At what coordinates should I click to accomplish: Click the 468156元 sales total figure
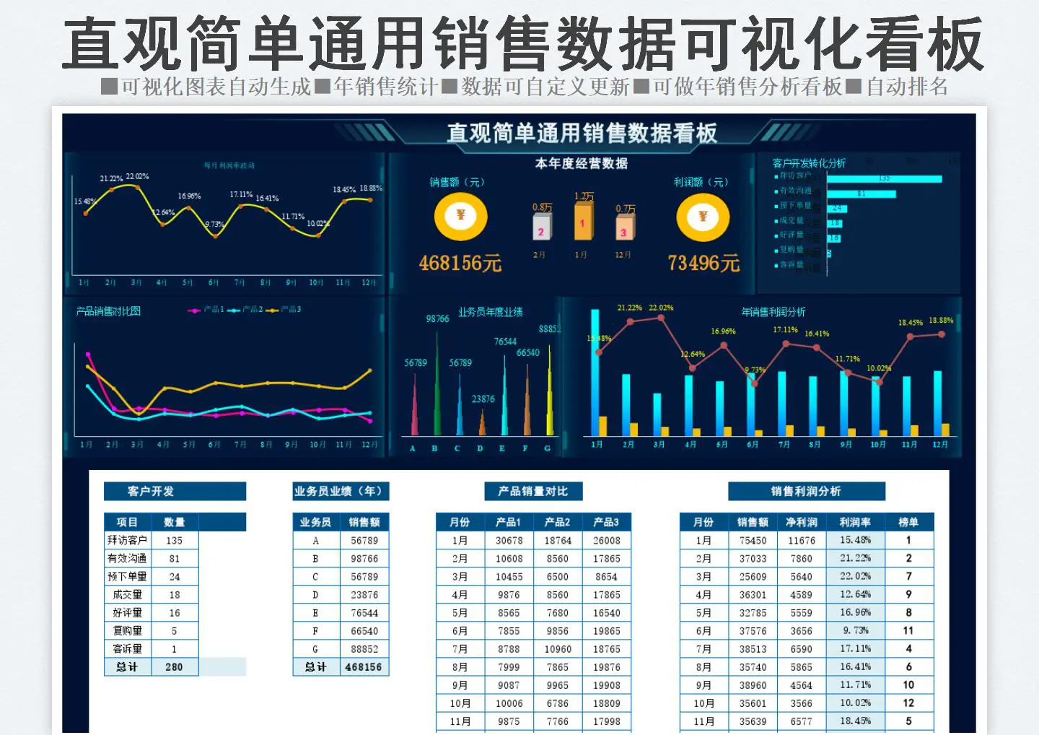tap(460, 263)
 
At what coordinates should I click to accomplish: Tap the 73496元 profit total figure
tap(703, 263)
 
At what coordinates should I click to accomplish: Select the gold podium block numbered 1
tap(582, 220)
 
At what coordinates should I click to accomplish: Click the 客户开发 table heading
tap(151, 491)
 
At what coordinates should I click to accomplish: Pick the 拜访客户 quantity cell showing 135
tap(174, 540)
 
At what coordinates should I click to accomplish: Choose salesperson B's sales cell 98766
tap(364, 558)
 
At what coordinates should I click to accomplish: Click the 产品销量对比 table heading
tap(532, 491)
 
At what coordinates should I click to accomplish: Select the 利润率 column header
tap(855, 522)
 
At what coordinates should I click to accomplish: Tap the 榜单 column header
tap(908, 522)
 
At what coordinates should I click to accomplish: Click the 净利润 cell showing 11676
tap(802, 540)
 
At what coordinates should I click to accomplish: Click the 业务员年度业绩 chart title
tap(491, 312)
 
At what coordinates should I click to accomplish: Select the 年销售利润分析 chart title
tap(773, 312)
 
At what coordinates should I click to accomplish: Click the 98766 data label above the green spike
tap(437, 318)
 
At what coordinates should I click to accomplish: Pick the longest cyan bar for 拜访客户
tap(884, 178)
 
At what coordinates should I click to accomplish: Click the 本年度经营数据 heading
tap(581, 163)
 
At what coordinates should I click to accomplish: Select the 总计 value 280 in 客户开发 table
tap(174, 667)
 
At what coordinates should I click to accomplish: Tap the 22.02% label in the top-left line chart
tap(137, 176)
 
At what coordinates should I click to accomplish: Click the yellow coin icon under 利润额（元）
tap(703, 217)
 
